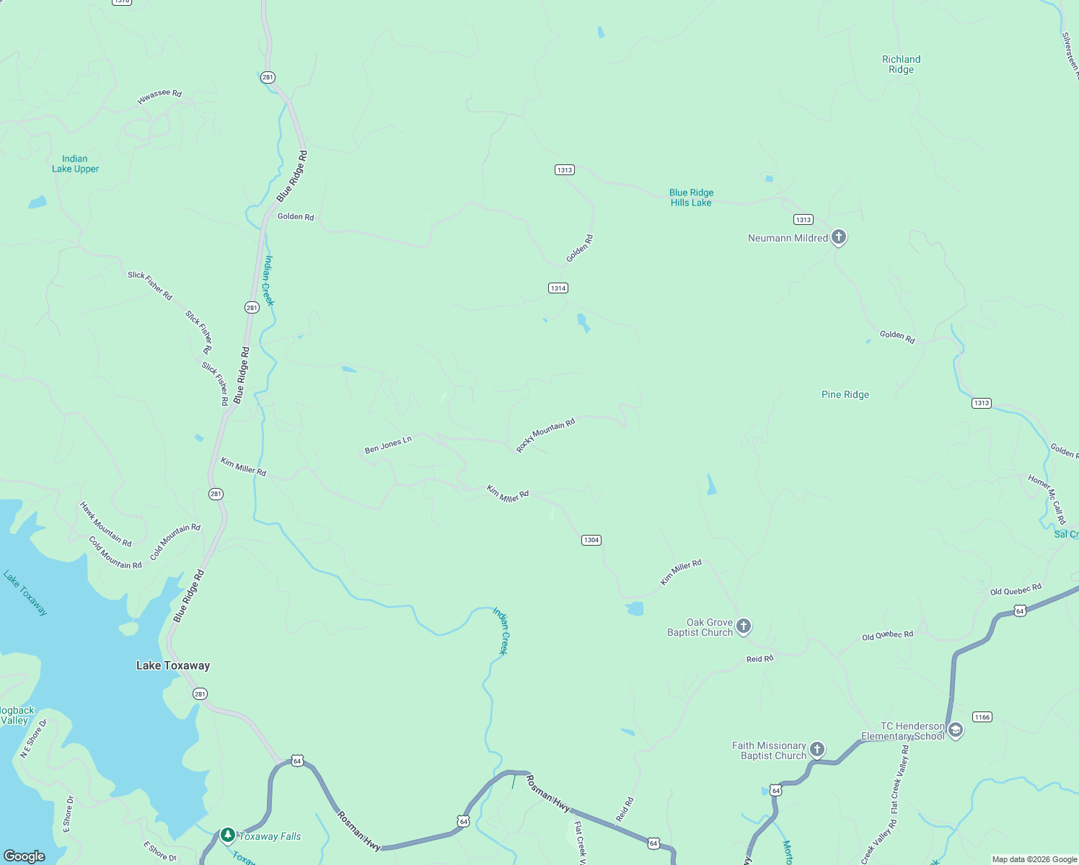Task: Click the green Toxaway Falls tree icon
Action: click(x=228, y=835)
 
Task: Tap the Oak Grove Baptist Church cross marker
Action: click(x=744, y=626)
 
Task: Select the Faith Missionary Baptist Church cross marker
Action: click(x=816, y=749)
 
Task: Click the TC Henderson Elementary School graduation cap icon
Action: click(x=955, y=729)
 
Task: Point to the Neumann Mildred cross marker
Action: click(x=838, y=236)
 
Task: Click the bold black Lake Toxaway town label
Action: click(x=173, y=665)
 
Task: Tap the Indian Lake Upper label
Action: click(x=75, y=164)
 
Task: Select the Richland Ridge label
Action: click(x=901, y=64)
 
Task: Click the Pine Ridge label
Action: click(x=845, y=394)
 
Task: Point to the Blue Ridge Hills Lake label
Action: click(x=691, y=198)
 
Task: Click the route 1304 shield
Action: click(x=591, y=540)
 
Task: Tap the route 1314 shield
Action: click(x=558, y=288)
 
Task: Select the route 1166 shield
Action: click(x=982, y=717)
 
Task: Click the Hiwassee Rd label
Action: click(x=159, y=97)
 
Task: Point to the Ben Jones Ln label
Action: click(x=388, y=445)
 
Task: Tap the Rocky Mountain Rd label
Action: click(x=545, y=435)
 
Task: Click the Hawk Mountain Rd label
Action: click(x=106, y=524)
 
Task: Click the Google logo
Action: click(x=25, y=856)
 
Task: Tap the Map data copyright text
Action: click(x=1034, y=859)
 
